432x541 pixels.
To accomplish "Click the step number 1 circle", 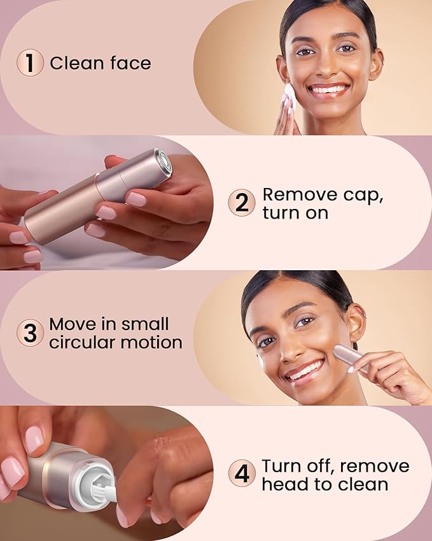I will (x=30, y=64).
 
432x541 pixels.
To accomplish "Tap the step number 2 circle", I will (x=242, y=203).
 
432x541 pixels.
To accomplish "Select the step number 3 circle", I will (x=30, y=333).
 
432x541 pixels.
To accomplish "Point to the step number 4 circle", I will (x=242, y=474).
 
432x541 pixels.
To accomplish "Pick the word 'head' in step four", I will (x=283, y=484).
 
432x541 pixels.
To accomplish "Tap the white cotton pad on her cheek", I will (x=289, y=96).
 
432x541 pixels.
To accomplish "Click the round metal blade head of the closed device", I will (x=163, y=162).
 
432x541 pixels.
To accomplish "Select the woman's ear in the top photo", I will (x=375, y=63).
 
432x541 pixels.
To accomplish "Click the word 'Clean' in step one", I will (x=73, y=64).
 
